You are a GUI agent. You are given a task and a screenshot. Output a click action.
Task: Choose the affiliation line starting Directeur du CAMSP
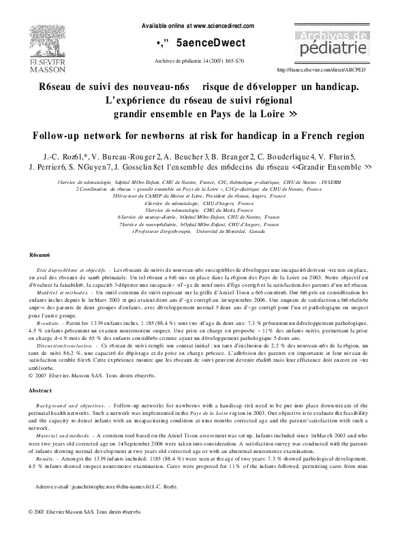click(199, 196)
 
